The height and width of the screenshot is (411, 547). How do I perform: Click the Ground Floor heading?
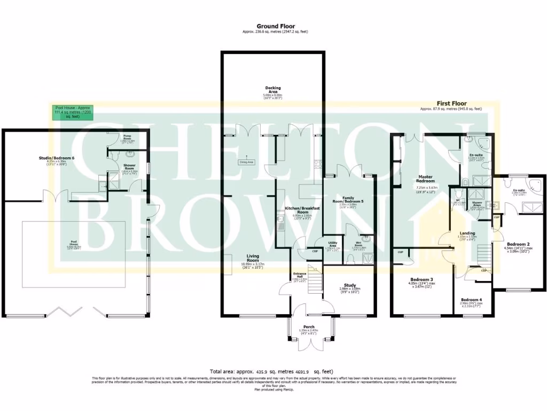pyautogui.click(x=275, y=26)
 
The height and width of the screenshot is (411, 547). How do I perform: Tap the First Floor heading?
pyautogui.click(x=451, y=103)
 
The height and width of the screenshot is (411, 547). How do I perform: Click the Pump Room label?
pyautogui.click(x=128, y=138)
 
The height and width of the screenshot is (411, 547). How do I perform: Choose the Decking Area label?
pyautogui.click(x=273, y=88)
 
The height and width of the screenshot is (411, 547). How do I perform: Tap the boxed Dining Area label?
pyautogui.click(x=246, y=162)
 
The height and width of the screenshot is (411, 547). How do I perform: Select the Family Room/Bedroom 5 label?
pyautogui.click(x=348, y=201)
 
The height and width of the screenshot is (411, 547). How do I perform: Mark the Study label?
pyautogui.click(x=350, y=285)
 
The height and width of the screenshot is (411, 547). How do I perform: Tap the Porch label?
pyautogui.click(x=309, y=326)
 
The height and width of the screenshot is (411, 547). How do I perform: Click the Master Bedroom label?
pyautogui.click(x=426, y=179)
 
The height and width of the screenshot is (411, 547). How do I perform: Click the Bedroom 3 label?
pyautogui.click(x=421, y=280)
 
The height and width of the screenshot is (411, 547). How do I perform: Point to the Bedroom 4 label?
pyautogui.click(x=471, y=300)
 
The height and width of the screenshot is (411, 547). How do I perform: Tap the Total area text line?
pyautogui.click(x=272, y=371)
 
